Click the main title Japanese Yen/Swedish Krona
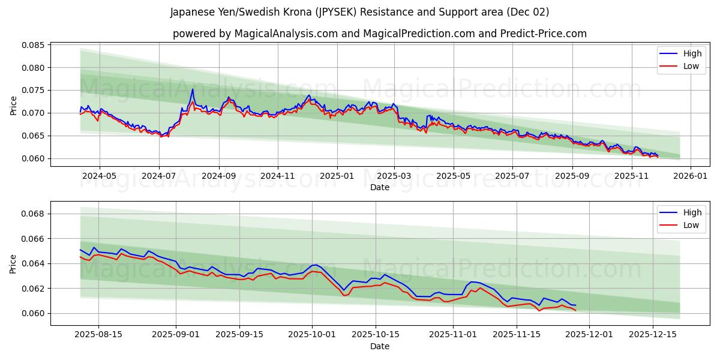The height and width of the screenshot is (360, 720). (x=359, y=12)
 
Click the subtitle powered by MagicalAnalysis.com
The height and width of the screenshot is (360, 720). (x=379, y=34)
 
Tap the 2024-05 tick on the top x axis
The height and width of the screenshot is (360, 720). (x=99, y=176)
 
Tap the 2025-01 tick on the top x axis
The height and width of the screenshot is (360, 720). (x=337, y=176)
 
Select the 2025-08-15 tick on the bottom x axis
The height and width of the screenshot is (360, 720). (x=99, y=335)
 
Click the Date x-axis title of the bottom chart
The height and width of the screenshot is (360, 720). (x=379, y=346)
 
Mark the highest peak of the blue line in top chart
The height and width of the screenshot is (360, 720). (x=193, y=89)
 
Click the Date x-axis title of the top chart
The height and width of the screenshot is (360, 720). (x=379, y=187)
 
